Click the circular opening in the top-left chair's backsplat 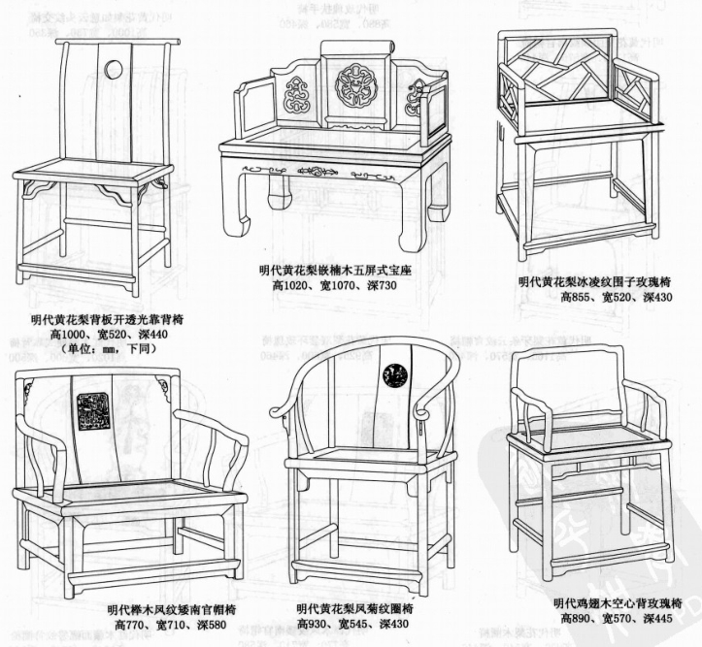tap(114, 69)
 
